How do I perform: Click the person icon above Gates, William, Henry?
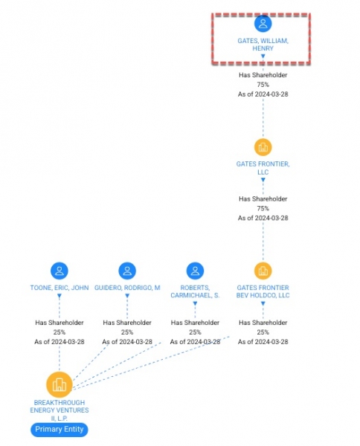point(263,23)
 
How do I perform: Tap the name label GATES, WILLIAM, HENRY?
point(263,45)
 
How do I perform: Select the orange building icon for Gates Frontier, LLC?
point(263,147)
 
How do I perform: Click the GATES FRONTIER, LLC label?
point(263,168)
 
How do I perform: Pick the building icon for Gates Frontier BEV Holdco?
point(263,271)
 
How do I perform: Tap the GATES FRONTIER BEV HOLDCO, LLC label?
point(263,291)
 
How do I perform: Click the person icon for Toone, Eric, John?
point(60,271)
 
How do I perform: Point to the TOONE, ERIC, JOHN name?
point(60,288)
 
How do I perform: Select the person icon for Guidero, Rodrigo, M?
point(127,271)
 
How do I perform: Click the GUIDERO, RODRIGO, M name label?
point(127,288)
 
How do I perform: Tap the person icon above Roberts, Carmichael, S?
point(195,271)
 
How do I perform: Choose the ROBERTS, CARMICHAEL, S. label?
point(195,291)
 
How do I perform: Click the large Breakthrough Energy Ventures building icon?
point(60,384)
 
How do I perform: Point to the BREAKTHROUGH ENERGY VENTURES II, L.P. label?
point(60,410)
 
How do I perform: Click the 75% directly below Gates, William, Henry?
point(263,85)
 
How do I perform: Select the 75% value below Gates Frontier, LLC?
point(263,208)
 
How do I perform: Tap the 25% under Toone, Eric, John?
point(60,332)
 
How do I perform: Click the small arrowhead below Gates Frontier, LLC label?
point(263,180)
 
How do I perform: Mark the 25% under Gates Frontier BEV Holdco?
point(263,332)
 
